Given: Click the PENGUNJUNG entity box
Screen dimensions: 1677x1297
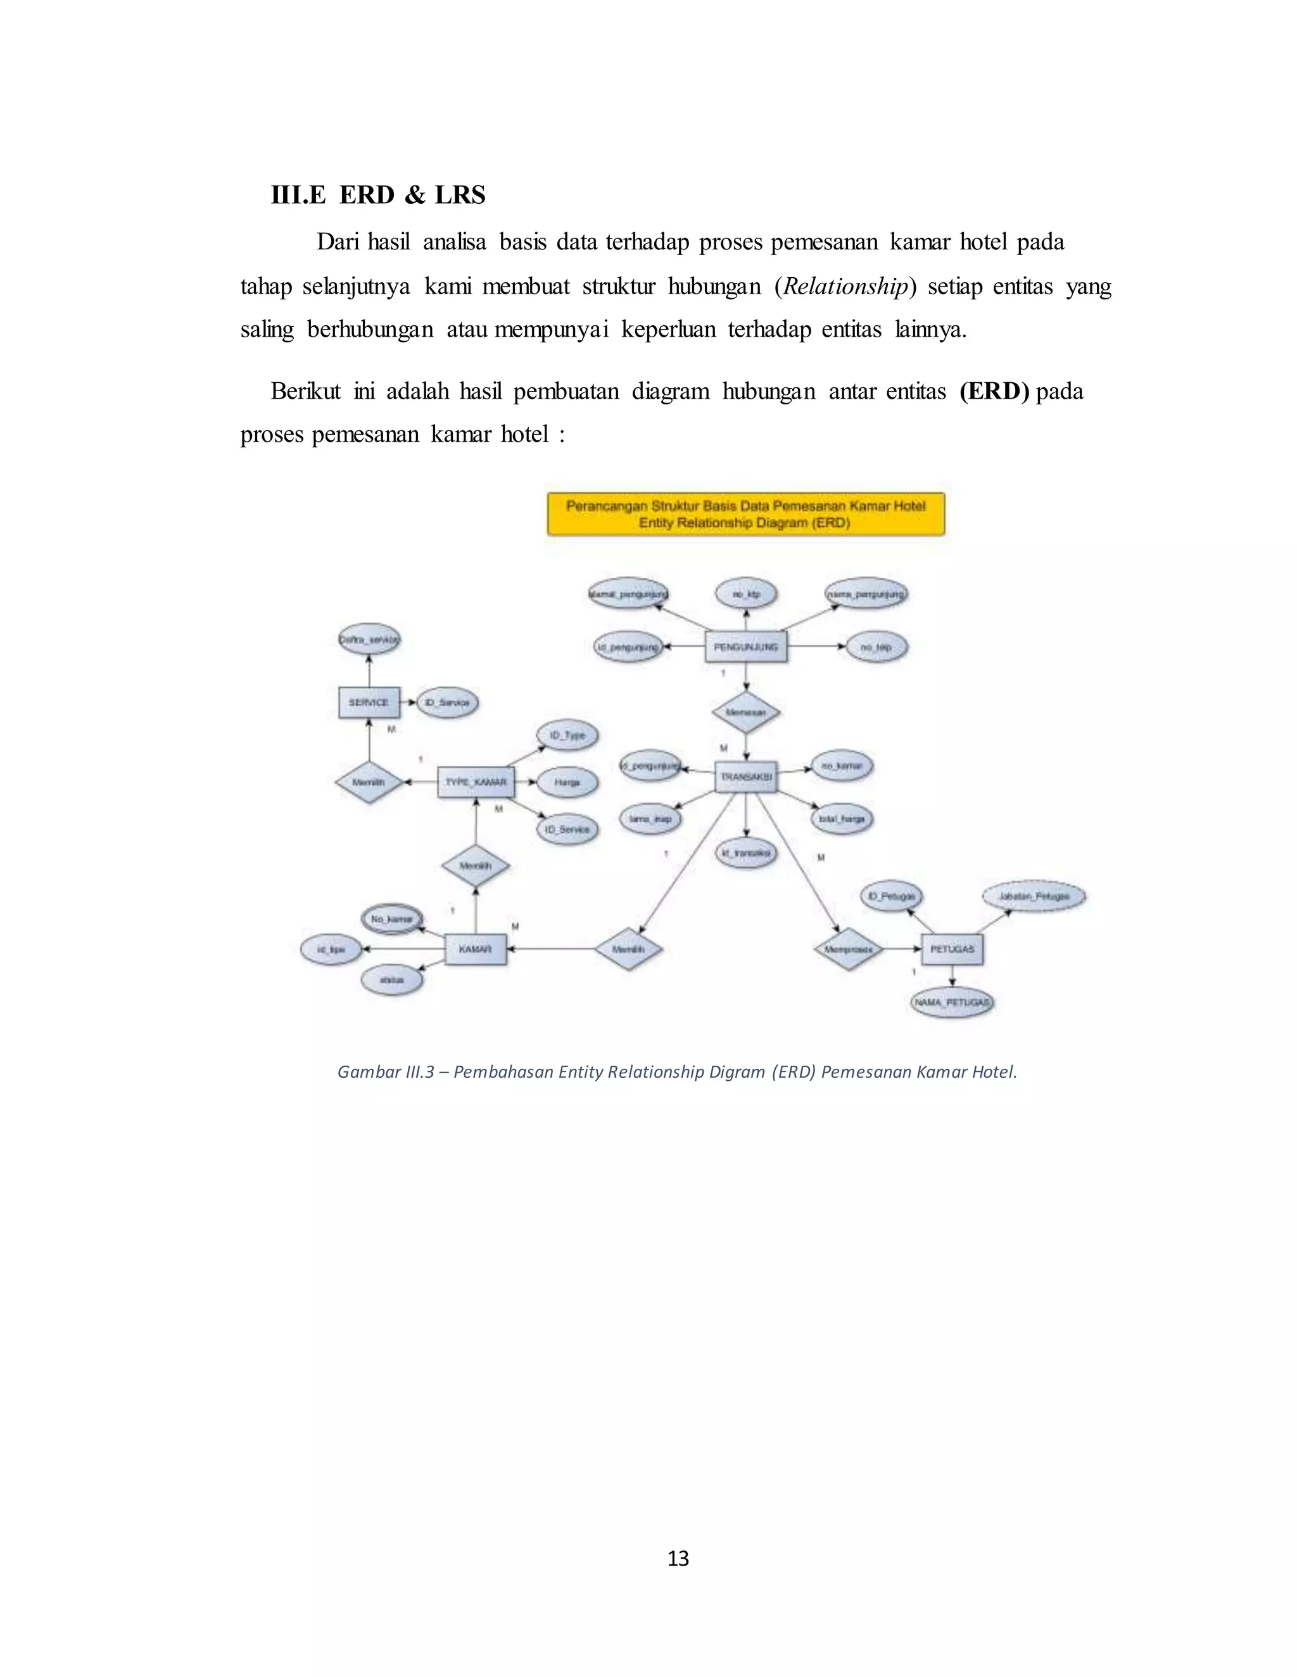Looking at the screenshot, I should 745,647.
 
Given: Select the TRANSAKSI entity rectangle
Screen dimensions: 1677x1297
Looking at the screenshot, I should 745,777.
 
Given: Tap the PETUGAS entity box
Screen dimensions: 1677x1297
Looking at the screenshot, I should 952,949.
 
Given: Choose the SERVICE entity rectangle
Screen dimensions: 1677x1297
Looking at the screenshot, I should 369,702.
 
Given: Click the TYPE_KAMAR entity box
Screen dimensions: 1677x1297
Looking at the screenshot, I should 476,782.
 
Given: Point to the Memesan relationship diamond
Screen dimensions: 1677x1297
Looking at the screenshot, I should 745,712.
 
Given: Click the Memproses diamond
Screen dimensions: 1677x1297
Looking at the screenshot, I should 848,949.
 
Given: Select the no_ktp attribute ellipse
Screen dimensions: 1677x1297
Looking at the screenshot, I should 746,594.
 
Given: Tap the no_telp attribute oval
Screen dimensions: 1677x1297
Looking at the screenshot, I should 876,647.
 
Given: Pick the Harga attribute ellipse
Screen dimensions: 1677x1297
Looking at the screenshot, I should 567,782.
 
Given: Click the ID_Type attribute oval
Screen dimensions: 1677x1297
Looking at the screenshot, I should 567,735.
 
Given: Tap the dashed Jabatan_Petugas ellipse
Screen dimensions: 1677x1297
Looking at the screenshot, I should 1034,896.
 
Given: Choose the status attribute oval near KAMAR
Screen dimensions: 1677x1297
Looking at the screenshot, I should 392,980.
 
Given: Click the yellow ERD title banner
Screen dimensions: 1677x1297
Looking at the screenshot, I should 745,514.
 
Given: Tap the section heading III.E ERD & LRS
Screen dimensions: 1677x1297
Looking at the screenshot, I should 378,195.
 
